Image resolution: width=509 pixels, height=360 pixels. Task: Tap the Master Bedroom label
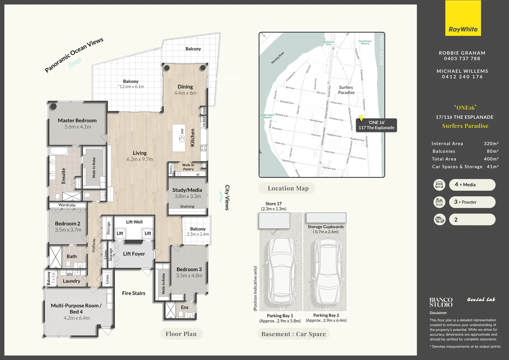click(77, 120)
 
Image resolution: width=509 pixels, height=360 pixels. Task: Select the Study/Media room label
click(187, 190)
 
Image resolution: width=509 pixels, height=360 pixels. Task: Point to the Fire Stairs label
click(133, 293)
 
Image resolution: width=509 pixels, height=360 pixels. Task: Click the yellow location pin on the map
click(361, 118)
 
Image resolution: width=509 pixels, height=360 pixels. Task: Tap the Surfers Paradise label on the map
click(346, 90)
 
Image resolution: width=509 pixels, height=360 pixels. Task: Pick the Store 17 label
click(273, 204)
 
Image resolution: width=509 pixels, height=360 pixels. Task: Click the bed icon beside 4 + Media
click(439, 185)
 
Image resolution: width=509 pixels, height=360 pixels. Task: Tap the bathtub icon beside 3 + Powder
click(439, 202)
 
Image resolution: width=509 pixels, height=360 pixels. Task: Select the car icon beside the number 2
click(439, 220)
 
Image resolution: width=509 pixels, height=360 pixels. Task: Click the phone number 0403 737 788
click(462, 59)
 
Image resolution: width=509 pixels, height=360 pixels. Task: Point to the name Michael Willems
click(462, 71)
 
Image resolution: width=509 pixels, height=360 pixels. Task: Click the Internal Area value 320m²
click(491, 144)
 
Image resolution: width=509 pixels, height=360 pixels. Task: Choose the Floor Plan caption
click(181, 334)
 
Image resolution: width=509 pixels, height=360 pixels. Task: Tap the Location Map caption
click(288, 188)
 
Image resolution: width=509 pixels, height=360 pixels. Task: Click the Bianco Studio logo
click(441, 302)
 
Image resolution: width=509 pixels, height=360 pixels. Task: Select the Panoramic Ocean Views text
click(74, 55)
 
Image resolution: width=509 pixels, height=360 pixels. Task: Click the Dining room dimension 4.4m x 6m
click(185, 93)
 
